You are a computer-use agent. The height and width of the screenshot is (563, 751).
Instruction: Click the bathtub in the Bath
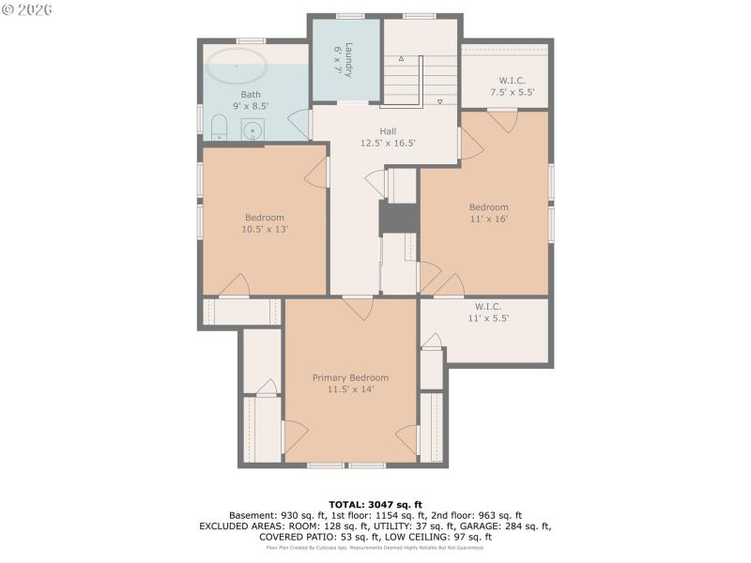pos(237,67)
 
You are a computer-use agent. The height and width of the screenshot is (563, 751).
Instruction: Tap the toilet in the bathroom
pos(219,127)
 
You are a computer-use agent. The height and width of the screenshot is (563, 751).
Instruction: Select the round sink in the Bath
pos(253,130)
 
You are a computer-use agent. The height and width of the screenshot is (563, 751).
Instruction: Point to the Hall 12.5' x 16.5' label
pos(388,137)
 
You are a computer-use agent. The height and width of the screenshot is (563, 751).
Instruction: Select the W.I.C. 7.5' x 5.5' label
pos(512,86)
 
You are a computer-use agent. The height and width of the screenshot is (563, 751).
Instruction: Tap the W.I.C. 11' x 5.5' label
pos(487,312)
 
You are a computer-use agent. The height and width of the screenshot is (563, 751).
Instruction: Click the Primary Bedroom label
pos(350,383)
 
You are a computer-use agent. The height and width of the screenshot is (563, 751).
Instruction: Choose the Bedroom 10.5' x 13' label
pos(264,223)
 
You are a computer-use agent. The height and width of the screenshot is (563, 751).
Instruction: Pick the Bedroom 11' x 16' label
pos(488,213)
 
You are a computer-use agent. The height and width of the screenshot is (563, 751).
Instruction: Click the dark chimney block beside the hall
pos(398,218)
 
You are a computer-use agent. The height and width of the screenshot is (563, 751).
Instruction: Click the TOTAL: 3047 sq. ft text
pos(375,505)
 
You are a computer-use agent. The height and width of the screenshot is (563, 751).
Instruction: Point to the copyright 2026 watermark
pos(27,9)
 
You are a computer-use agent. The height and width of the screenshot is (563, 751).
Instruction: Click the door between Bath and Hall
pos(300,124)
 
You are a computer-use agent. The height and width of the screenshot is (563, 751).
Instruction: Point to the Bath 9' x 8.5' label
pos(251,100)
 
